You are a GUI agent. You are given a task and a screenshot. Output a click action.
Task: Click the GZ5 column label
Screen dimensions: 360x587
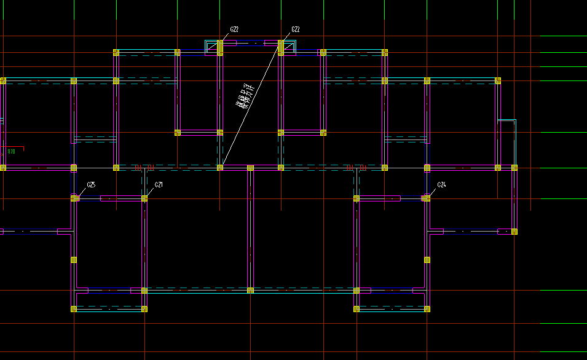91,184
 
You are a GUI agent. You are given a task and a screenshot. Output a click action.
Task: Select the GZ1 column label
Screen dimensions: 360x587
159,184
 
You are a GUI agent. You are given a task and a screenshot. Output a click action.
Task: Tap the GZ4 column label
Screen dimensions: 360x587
441,184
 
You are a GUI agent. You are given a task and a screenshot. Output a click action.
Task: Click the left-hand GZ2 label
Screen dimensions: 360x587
234,29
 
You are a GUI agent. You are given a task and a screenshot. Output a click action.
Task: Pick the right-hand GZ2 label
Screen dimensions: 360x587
295,29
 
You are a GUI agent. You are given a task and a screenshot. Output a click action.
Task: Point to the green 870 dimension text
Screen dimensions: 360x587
11,151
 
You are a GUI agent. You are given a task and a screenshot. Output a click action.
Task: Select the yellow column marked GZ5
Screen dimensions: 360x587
75,198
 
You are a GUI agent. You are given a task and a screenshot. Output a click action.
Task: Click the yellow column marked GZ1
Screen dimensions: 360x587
144,198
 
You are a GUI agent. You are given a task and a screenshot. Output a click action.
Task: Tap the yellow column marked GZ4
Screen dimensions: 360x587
425,198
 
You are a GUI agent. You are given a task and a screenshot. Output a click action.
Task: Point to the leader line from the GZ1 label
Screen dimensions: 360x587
150,191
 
